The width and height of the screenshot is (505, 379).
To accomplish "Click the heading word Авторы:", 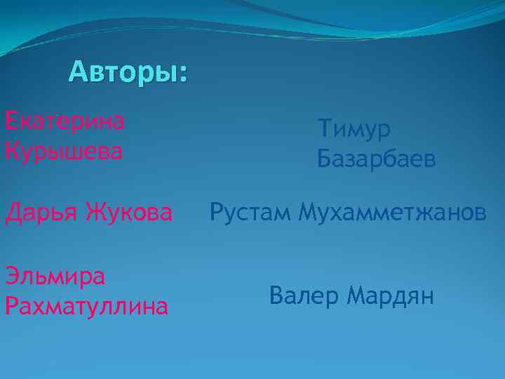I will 128,72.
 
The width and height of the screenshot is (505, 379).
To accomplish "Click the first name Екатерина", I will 65,121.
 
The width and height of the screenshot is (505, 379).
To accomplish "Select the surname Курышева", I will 63,151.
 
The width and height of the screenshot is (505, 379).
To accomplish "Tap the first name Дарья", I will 41,211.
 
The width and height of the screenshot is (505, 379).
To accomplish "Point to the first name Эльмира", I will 55,276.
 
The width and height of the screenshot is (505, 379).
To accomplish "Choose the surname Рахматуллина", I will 86,306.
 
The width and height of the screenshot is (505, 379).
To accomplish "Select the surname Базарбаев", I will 377,159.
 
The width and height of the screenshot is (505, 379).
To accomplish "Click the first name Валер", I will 303,296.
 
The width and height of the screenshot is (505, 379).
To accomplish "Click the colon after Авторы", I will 184,74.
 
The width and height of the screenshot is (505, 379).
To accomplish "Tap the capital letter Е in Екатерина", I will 11,121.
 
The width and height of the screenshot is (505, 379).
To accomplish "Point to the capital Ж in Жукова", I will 95,211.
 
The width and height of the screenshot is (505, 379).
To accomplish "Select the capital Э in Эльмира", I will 11,276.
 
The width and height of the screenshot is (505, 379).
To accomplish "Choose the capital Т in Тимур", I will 324,129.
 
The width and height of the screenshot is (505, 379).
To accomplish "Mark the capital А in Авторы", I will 79,72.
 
